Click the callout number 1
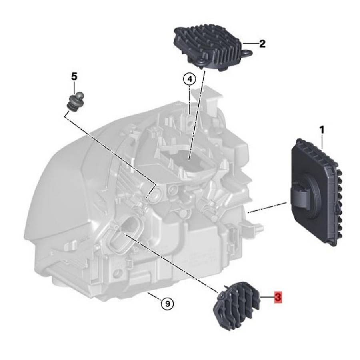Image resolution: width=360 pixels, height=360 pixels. tap(322, 130)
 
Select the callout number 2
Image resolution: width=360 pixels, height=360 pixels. tap(262, 44)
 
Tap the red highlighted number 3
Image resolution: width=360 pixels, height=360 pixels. tap(278, 297)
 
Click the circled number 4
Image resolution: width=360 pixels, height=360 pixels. tap(190, 79)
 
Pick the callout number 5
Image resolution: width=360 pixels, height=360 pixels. tap(74, 76)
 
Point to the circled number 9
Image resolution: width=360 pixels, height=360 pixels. tap(167, 304)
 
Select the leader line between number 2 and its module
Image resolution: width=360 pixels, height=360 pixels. tap(251, 43)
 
